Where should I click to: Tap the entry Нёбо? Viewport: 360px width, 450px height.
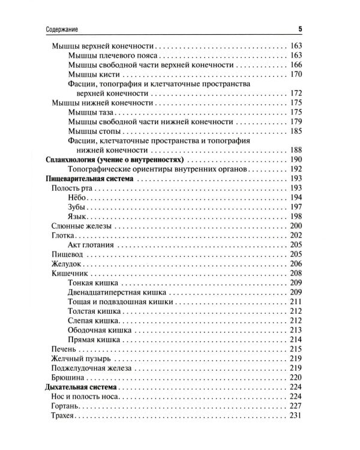(78, 197)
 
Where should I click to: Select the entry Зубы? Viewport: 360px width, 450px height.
(78, 207)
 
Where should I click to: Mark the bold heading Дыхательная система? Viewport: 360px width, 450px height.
(82, 388)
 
